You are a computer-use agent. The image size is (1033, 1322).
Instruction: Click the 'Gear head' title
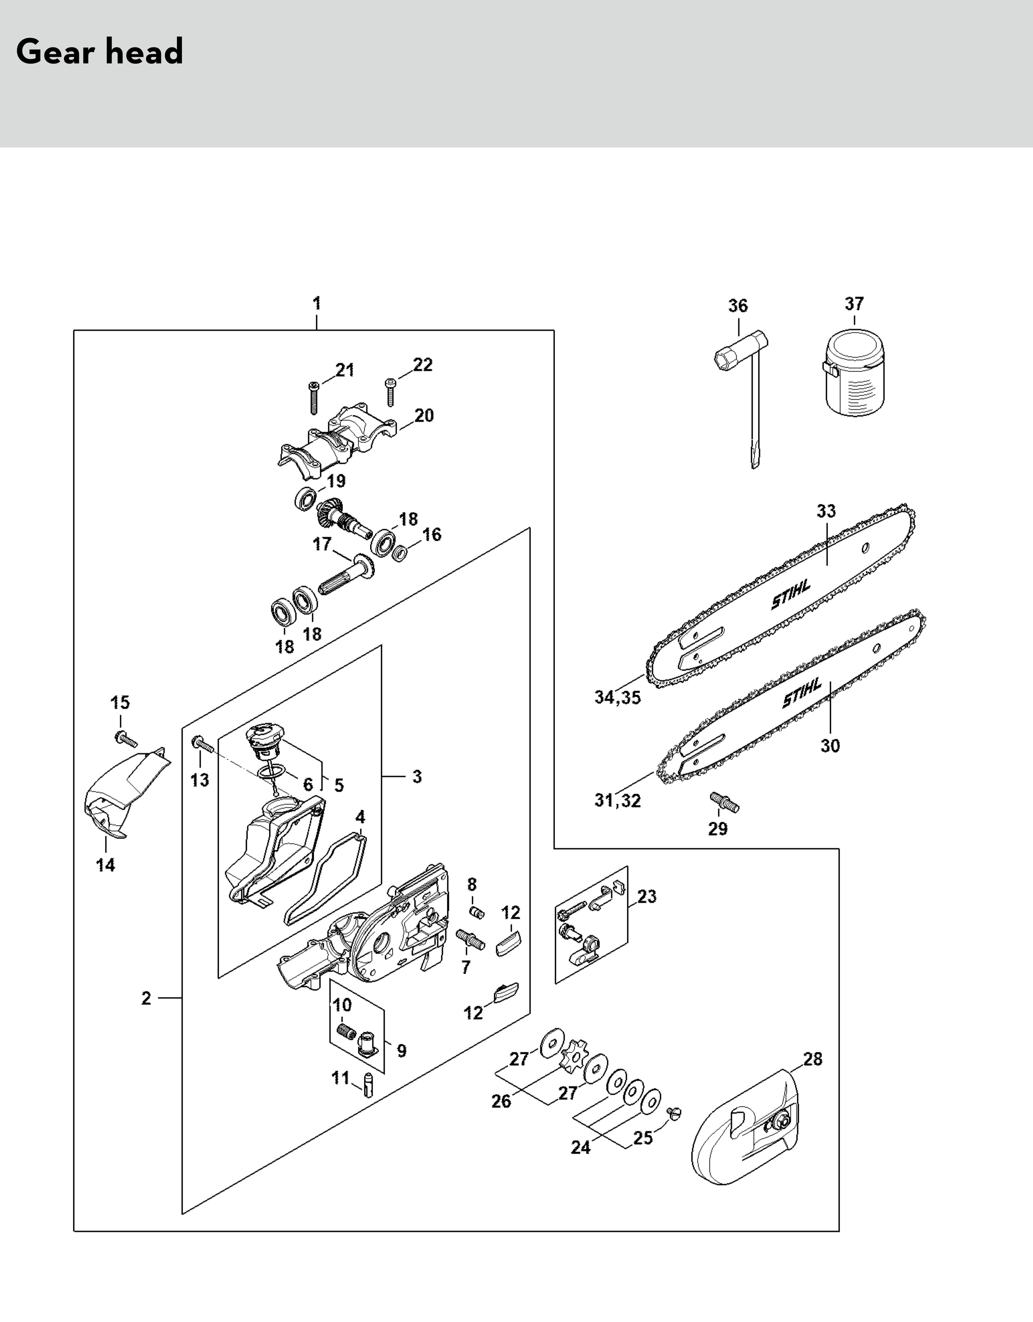[x=100, y=52]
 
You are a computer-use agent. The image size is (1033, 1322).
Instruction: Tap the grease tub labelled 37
[x=854, y=377]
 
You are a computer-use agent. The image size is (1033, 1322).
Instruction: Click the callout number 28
[x=813, y=1059]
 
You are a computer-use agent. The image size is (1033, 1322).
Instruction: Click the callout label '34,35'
[x=617, y=697]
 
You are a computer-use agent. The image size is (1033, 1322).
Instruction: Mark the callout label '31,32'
[x=617, y=801]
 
